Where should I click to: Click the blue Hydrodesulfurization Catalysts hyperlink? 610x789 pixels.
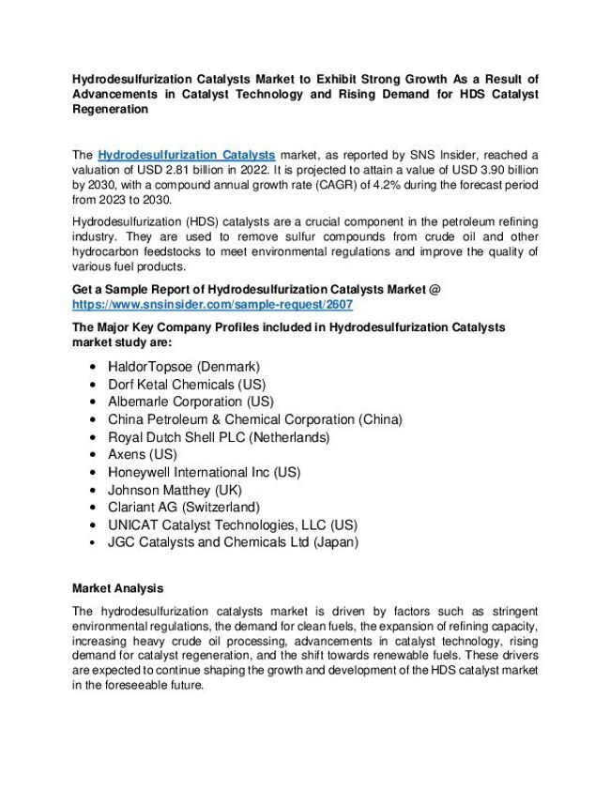(186, 153)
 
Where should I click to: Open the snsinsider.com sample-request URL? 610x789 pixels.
(212, 306)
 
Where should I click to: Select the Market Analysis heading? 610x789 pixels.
(118, 588)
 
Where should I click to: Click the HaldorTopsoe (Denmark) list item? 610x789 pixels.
(183, 366)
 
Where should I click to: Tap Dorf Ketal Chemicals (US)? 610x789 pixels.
(187, 384)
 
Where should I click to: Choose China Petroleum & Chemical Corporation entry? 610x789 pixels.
(254, 419)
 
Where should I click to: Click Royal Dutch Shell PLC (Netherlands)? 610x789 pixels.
(220, 437)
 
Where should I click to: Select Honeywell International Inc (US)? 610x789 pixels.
(204, 472)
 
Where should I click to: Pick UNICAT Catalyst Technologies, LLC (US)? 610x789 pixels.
(232, 524)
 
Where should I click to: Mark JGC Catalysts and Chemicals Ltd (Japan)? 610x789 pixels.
(233, 542)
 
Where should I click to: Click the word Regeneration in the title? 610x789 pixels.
(110, 109)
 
